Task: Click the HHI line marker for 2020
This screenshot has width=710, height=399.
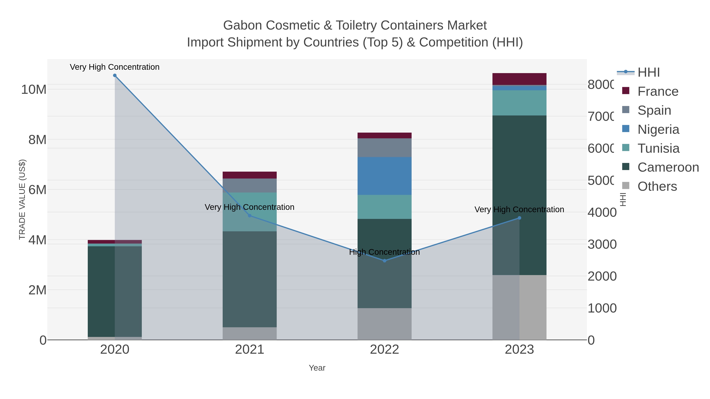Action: tap(115, 75)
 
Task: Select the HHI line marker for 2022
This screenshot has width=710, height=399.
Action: tap(385, 260)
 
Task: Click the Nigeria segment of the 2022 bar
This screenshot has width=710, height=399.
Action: tap(385, 176)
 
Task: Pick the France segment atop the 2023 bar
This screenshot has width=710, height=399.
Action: tap(519, 79)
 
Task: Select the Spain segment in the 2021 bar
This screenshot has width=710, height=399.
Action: tap(249, 185)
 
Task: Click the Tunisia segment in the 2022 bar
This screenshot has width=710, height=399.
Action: tap(385, 207)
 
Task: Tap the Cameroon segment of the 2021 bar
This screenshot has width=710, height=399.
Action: tap(249, 279)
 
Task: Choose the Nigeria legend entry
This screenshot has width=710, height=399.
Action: tap(658, 129)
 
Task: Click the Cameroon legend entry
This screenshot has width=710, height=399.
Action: tap(668, 167)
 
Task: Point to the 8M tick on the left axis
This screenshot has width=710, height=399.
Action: tap(37, 140)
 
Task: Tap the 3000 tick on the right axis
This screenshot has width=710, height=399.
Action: tap(602, 244)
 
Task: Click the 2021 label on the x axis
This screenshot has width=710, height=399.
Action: tap(249, 350)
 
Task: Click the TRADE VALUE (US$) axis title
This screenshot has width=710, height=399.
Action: tap(22, 199)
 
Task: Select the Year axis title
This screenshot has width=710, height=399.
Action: tap(317, 368)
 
